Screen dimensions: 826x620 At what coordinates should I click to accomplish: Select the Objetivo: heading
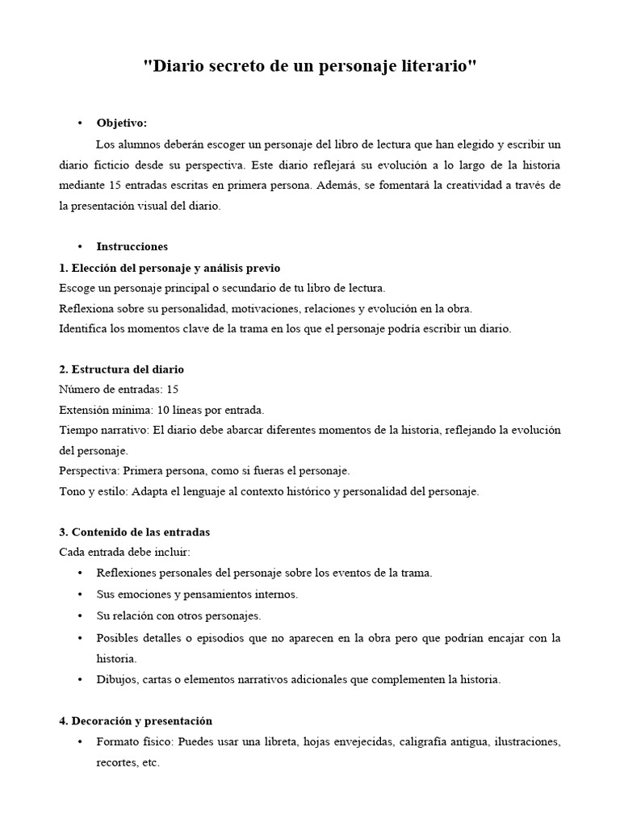click(122, 123)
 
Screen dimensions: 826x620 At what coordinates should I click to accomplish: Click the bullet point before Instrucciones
click(80, 247)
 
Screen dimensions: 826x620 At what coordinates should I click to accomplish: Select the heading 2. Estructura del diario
click(122, 369)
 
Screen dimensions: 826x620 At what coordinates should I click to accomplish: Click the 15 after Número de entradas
click(172, 390)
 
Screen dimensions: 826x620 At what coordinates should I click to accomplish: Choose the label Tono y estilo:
click(91, 491)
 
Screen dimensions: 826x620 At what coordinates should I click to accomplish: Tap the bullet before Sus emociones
click(80, 594)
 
